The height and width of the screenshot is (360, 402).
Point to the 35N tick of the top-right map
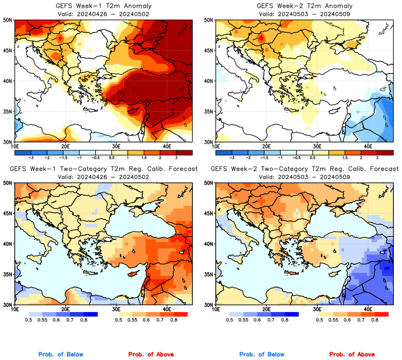[210, 111]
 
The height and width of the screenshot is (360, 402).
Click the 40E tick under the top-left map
[167, 146]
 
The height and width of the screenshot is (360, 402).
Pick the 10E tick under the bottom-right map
[216, 309]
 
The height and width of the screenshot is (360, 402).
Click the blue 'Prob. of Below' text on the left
[60, 355]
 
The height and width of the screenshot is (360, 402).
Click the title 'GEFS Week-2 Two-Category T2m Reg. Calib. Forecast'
[304, 169]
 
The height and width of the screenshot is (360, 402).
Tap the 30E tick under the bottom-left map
[116, 309]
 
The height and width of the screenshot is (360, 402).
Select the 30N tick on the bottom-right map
[210, 305]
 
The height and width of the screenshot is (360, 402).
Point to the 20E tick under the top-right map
[266, 146]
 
